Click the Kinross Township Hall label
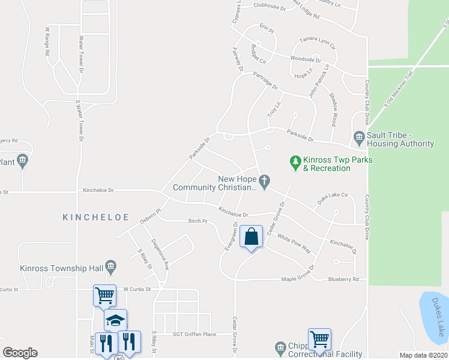(60, 268)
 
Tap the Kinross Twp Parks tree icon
(295, 161)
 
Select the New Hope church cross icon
(264, 179)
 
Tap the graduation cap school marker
(115, 319)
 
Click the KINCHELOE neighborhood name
(87, 217)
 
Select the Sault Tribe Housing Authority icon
(359, 138)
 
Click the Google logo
(20, 353)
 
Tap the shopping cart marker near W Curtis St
(104, 295)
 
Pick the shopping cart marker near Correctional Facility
(319, 339)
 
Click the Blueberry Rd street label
(343, 280)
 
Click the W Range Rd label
(47, 41)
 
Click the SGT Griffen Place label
(194, 334)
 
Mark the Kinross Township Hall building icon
(110, 266)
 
